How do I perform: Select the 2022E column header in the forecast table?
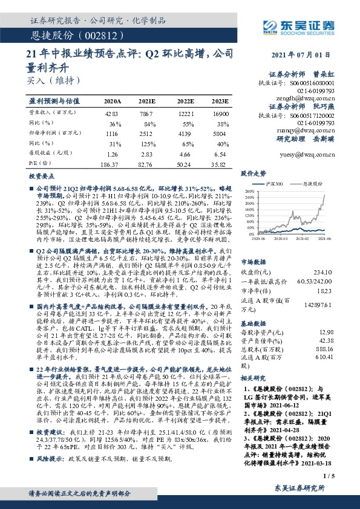click(x=185, y=102)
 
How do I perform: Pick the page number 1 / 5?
click(x=328, y=476)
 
